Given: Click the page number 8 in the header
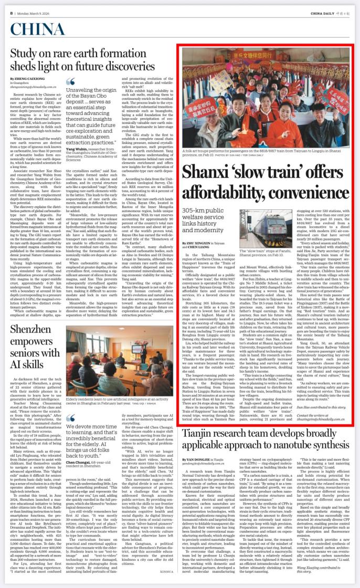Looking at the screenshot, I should click(10, 13).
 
